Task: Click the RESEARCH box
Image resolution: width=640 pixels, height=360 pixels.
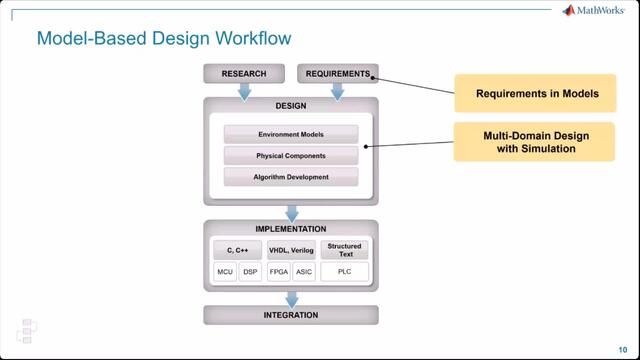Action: point(244,73)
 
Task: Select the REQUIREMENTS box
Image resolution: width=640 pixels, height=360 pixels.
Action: point(337,73)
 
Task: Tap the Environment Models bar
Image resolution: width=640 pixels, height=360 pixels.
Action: point(291,134)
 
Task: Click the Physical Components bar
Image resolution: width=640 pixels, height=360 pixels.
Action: point(291,155)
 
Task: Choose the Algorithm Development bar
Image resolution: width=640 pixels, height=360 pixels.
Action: point(291,176)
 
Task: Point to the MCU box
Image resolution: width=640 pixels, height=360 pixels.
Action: point(225,271)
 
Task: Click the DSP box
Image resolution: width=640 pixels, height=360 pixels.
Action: point(250,271)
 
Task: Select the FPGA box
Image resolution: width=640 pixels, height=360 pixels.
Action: point(279,271)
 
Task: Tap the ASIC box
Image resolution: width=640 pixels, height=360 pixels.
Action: point(304,271)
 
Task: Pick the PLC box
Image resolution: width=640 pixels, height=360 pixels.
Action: point(345,271)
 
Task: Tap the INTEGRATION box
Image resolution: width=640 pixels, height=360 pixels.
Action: point(291,315)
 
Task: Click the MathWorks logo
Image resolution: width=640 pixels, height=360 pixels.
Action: point(595,11)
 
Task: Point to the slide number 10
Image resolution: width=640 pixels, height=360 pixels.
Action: point(622,339)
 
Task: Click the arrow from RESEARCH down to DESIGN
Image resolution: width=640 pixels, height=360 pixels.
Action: point(244,91)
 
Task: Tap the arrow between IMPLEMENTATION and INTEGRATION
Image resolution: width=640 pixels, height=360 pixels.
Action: point(291,297)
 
